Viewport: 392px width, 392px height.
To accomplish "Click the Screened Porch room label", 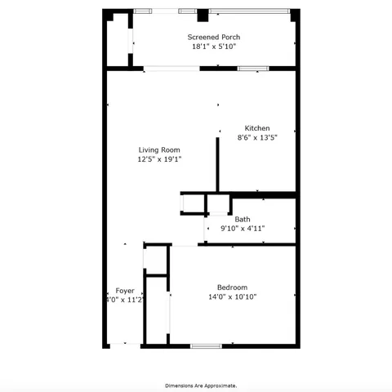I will [214, 37].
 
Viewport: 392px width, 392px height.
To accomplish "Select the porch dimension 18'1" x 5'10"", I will [214, 47].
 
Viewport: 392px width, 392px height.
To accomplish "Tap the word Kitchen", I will [257, 128].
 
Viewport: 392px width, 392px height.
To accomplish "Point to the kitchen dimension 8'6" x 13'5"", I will [257, 138].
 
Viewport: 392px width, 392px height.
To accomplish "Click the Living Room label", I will [159, 149].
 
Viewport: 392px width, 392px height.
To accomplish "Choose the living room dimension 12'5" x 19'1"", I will [159, 159].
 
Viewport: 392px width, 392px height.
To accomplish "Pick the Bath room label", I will [243, 219].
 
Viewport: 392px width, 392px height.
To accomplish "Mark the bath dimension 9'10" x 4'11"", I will [243, 229].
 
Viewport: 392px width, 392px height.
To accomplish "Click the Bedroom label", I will [232, 287].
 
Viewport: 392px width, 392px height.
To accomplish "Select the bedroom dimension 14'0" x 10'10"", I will [232, 297].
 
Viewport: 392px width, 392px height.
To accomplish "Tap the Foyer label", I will [124, 291].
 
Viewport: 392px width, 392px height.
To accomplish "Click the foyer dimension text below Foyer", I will [124, 301].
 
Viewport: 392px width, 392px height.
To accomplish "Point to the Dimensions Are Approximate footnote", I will [201, 385].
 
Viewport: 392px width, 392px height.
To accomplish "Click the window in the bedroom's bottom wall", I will [206, 346].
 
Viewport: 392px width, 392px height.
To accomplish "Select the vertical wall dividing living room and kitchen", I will [217, 163].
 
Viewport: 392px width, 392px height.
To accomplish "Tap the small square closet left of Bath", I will [192, 203].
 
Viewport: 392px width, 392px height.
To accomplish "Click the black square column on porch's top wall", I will [203, 15].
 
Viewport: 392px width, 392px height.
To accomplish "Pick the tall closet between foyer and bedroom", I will [156, 310].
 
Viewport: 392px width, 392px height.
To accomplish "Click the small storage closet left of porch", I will [118, 39].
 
